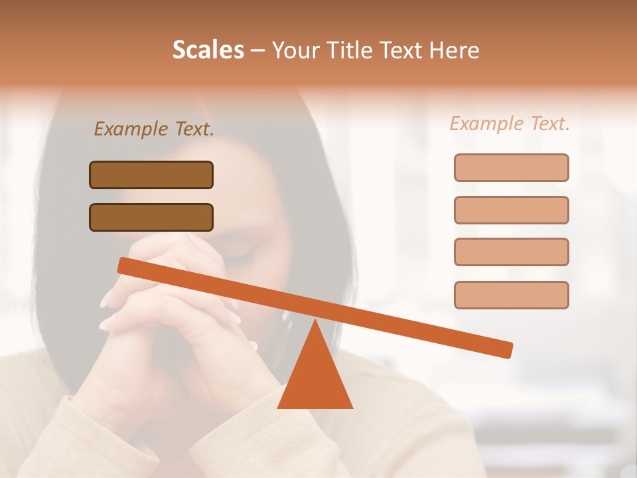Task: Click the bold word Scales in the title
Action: click(x=208, y=50)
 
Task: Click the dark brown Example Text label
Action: click(x=154, y=129)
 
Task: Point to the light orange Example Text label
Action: click(x=510, y=123)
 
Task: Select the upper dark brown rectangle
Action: click(x=151, y=175)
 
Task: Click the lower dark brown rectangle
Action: click(x=151, y=217)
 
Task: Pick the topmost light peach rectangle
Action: click(x=511, y=167)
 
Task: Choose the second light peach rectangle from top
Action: click(x=511, y=210)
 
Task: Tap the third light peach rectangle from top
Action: click(x=511, y=252)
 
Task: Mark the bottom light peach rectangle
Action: click(x=511, y=295)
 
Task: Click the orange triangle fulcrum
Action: click(x=315, y=378)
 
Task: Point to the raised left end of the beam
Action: click(x=123, y=266)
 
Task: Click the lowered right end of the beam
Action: click(x=507, y=350)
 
